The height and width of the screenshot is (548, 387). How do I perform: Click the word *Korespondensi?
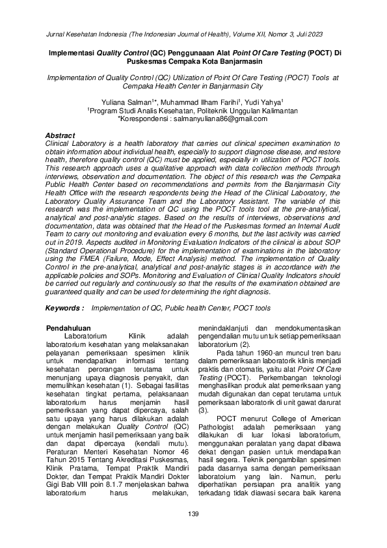click(144, 120)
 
